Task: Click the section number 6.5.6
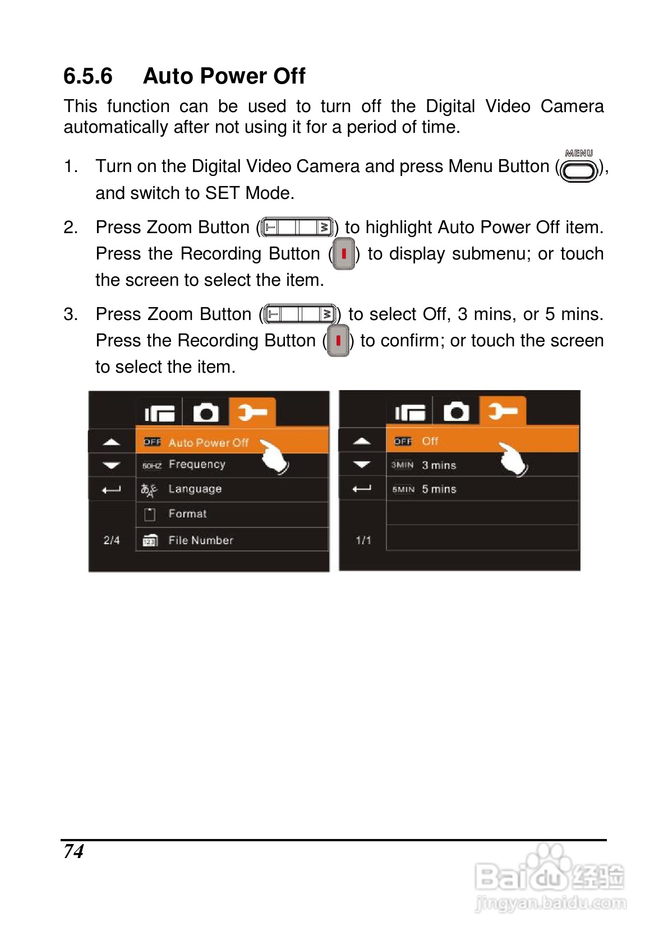(88, 76)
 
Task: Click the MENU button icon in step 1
(578, 166)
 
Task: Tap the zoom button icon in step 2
(297, 228)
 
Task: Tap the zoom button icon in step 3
(300, 314)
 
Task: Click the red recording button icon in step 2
(344, 254)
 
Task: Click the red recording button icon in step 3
(338, 341)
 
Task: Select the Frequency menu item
(197, 464)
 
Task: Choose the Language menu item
(195, 489)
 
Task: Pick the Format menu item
(187, 513)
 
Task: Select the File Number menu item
(201, 540)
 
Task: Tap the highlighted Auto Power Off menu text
(209, 442)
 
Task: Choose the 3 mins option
(439, 465)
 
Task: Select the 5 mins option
(439, 489)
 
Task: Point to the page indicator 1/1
(363, 540)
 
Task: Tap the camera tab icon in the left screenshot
(206, 412)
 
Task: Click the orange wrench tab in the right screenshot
(503, 411)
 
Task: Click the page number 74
(73, 852)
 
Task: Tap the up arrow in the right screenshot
(362, 441)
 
